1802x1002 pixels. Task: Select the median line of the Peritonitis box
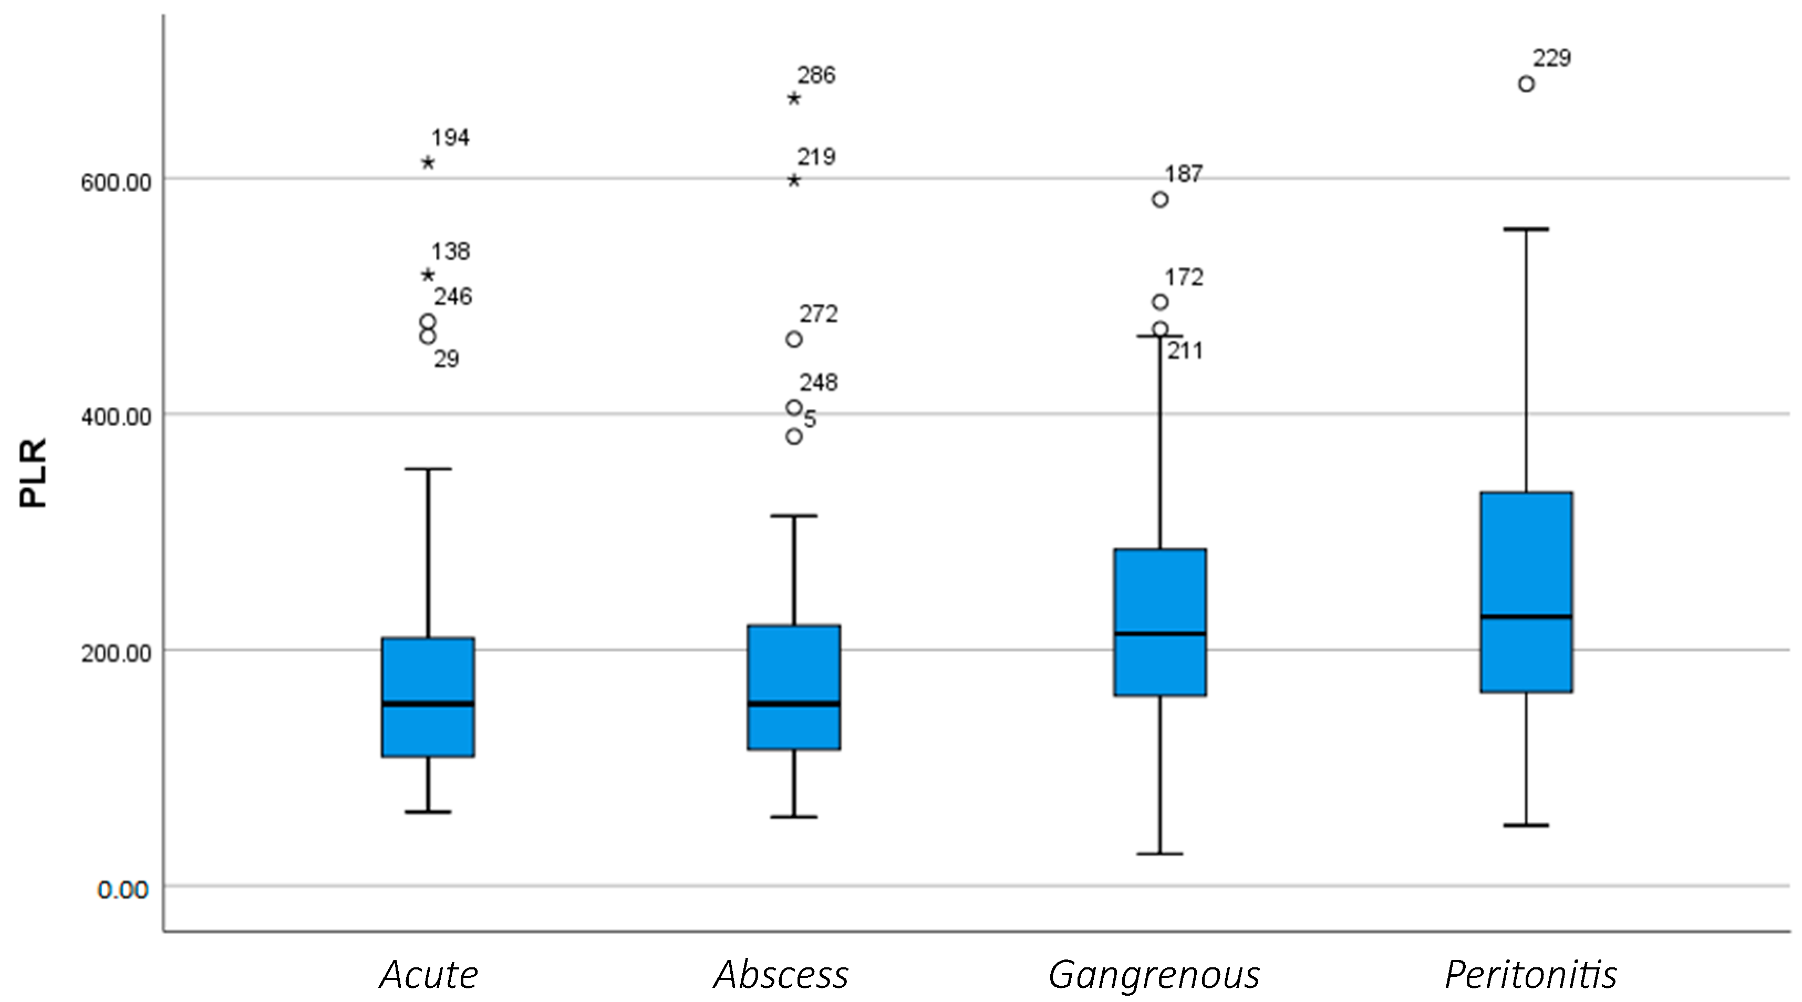1526,616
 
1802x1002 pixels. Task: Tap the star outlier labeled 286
794,98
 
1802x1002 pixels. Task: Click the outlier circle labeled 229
1526,84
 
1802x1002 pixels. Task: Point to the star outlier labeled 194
428,162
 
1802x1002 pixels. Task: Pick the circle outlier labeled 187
1160,199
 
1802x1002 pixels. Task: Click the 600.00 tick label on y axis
116,183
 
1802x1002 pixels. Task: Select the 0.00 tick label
123,890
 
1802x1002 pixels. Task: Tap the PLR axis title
33,473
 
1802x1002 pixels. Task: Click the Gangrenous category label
1154,974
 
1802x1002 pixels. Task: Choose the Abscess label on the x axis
781,974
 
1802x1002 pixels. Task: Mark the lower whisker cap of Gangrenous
1160,854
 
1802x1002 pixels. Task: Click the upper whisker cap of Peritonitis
1526,228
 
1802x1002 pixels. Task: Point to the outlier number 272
819,314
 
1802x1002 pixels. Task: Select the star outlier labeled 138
428,275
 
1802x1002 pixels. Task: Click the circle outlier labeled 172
1160,302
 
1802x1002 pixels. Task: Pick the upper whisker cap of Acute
428,468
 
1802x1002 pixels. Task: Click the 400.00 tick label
116,417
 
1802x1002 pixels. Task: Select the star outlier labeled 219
794,181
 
